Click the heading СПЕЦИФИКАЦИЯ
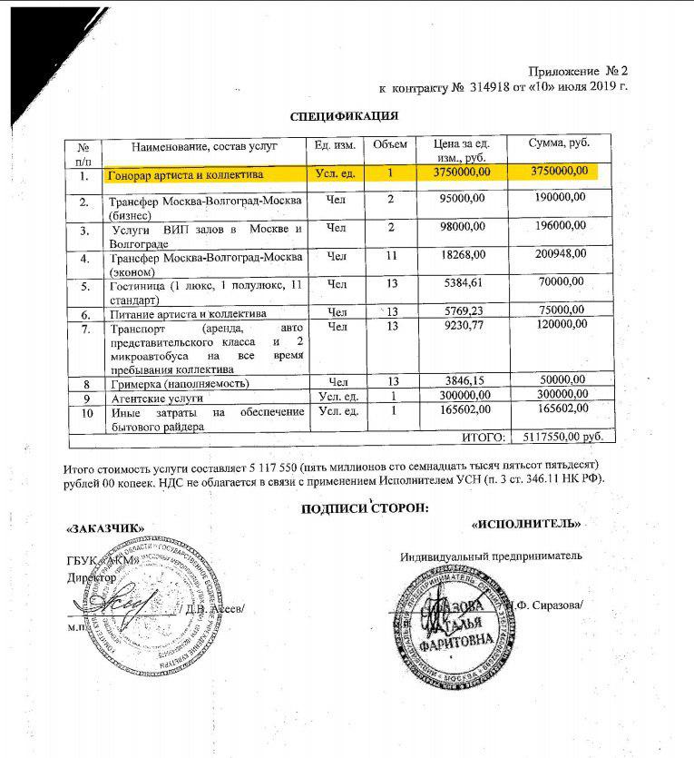tap(344, 116)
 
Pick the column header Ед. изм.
tap(333, 145)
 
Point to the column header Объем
tap(390, 145)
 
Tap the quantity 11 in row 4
tap(391, 257)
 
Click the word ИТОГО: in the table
tap(484, 438)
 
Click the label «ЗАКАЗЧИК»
tap(105, 528)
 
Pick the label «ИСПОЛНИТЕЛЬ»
tap(526, 524)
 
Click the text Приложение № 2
tap(578, 70)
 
